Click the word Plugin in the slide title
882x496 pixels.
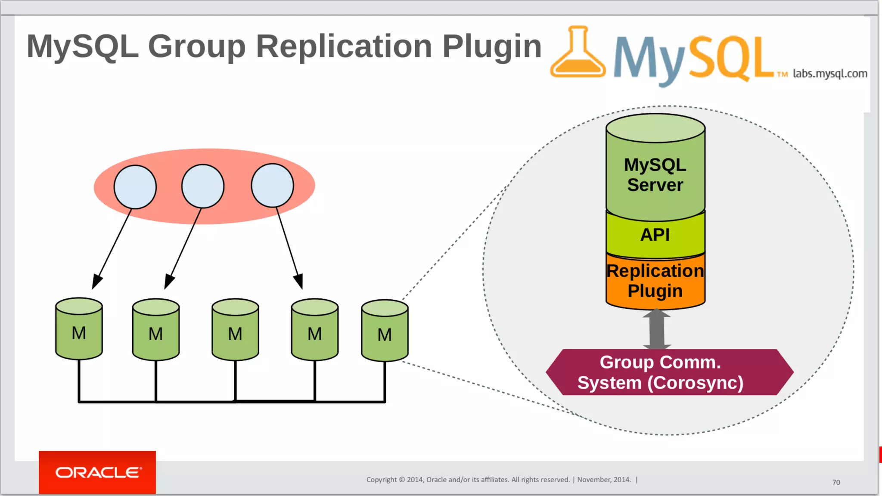491,46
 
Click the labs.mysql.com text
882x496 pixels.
830,74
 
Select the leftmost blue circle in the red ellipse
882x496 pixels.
135,187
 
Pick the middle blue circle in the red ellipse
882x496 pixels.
203,186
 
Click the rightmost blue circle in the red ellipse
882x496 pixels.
272,186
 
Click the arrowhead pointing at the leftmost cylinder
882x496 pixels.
97,282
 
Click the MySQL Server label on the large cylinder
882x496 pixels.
655,175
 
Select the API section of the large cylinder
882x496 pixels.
655,235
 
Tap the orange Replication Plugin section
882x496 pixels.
655,281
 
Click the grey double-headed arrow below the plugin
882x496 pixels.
656,329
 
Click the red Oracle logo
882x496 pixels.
97,472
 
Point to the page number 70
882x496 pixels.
836,482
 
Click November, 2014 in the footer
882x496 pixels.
604,480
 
